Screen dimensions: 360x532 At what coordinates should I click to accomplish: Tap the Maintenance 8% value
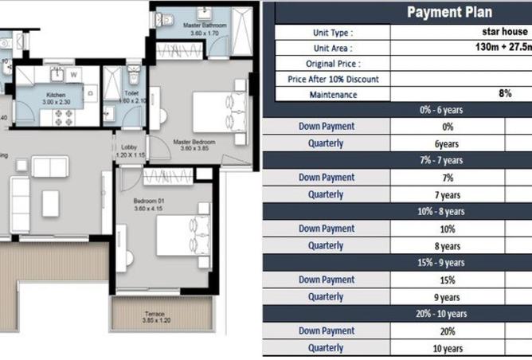click(505, 94)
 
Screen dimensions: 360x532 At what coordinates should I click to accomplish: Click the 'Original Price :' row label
click(333, 63)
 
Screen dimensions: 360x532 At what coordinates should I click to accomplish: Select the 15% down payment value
click(447, 280)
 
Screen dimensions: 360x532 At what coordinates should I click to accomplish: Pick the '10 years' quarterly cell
click(447, 348)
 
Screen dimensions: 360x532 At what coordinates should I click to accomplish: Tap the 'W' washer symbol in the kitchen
click(73, 76)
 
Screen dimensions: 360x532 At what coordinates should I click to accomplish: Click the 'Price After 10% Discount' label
click(333, 79)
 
